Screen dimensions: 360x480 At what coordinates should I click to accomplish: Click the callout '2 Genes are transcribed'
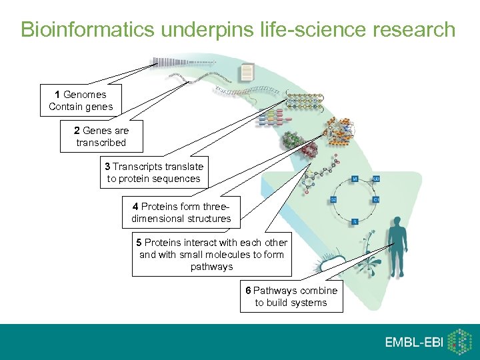tap(101, 137)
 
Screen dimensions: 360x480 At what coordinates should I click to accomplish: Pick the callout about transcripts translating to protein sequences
tap(153, 172)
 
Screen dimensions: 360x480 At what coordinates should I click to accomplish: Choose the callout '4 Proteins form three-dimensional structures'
tap(181, 212)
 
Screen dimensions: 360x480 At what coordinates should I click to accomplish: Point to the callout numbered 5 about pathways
tap(211, 254)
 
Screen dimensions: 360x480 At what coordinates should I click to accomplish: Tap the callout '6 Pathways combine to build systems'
tap(291, 297)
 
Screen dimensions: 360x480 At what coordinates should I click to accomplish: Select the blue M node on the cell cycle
tap(355, 179)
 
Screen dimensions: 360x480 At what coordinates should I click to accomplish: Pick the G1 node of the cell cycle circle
tap(376, 199)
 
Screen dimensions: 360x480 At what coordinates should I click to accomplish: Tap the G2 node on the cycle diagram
tap(334, 199)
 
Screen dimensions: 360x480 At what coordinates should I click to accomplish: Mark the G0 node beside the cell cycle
tap(375, 179)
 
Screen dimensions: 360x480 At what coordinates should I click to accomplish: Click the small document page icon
tap(247, 72)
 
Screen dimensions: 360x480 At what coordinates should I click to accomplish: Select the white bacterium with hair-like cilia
tap(331, 264)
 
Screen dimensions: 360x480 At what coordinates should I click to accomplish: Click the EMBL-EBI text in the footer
tap(413, 342)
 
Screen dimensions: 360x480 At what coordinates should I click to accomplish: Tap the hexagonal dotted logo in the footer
tap(458, 341)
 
